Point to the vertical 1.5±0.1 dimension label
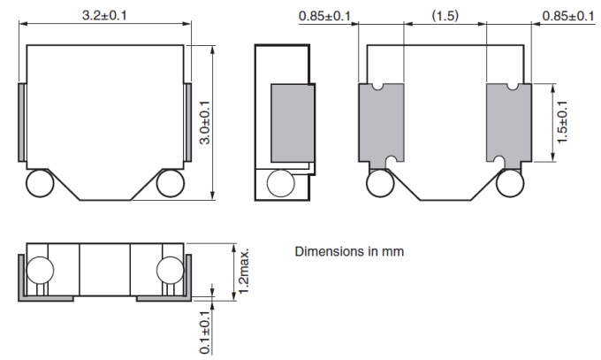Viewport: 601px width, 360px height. (x=563, y=124)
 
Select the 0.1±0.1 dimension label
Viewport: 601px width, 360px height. (x=204, y=333)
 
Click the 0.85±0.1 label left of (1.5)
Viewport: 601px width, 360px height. (x=325, y=15)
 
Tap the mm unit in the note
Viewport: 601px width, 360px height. (x=393, y=252)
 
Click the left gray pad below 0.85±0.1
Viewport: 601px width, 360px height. (x=381, y=123)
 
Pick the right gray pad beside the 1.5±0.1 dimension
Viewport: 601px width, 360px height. (x=507, y=123)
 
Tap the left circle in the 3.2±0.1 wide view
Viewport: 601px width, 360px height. (x=40, y=185)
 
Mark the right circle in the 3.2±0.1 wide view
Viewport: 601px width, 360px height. (x=170, y=185)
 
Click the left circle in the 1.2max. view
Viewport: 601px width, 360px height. (x=40, y=271)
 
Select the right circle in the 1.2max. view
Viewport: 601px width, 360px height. (x=170, y=271)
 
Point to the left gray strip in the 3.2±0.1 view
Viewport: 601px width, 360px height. (x=21, y=121)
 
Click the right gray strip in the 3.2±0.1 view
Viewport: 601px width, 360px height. (x=188, y=121)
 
